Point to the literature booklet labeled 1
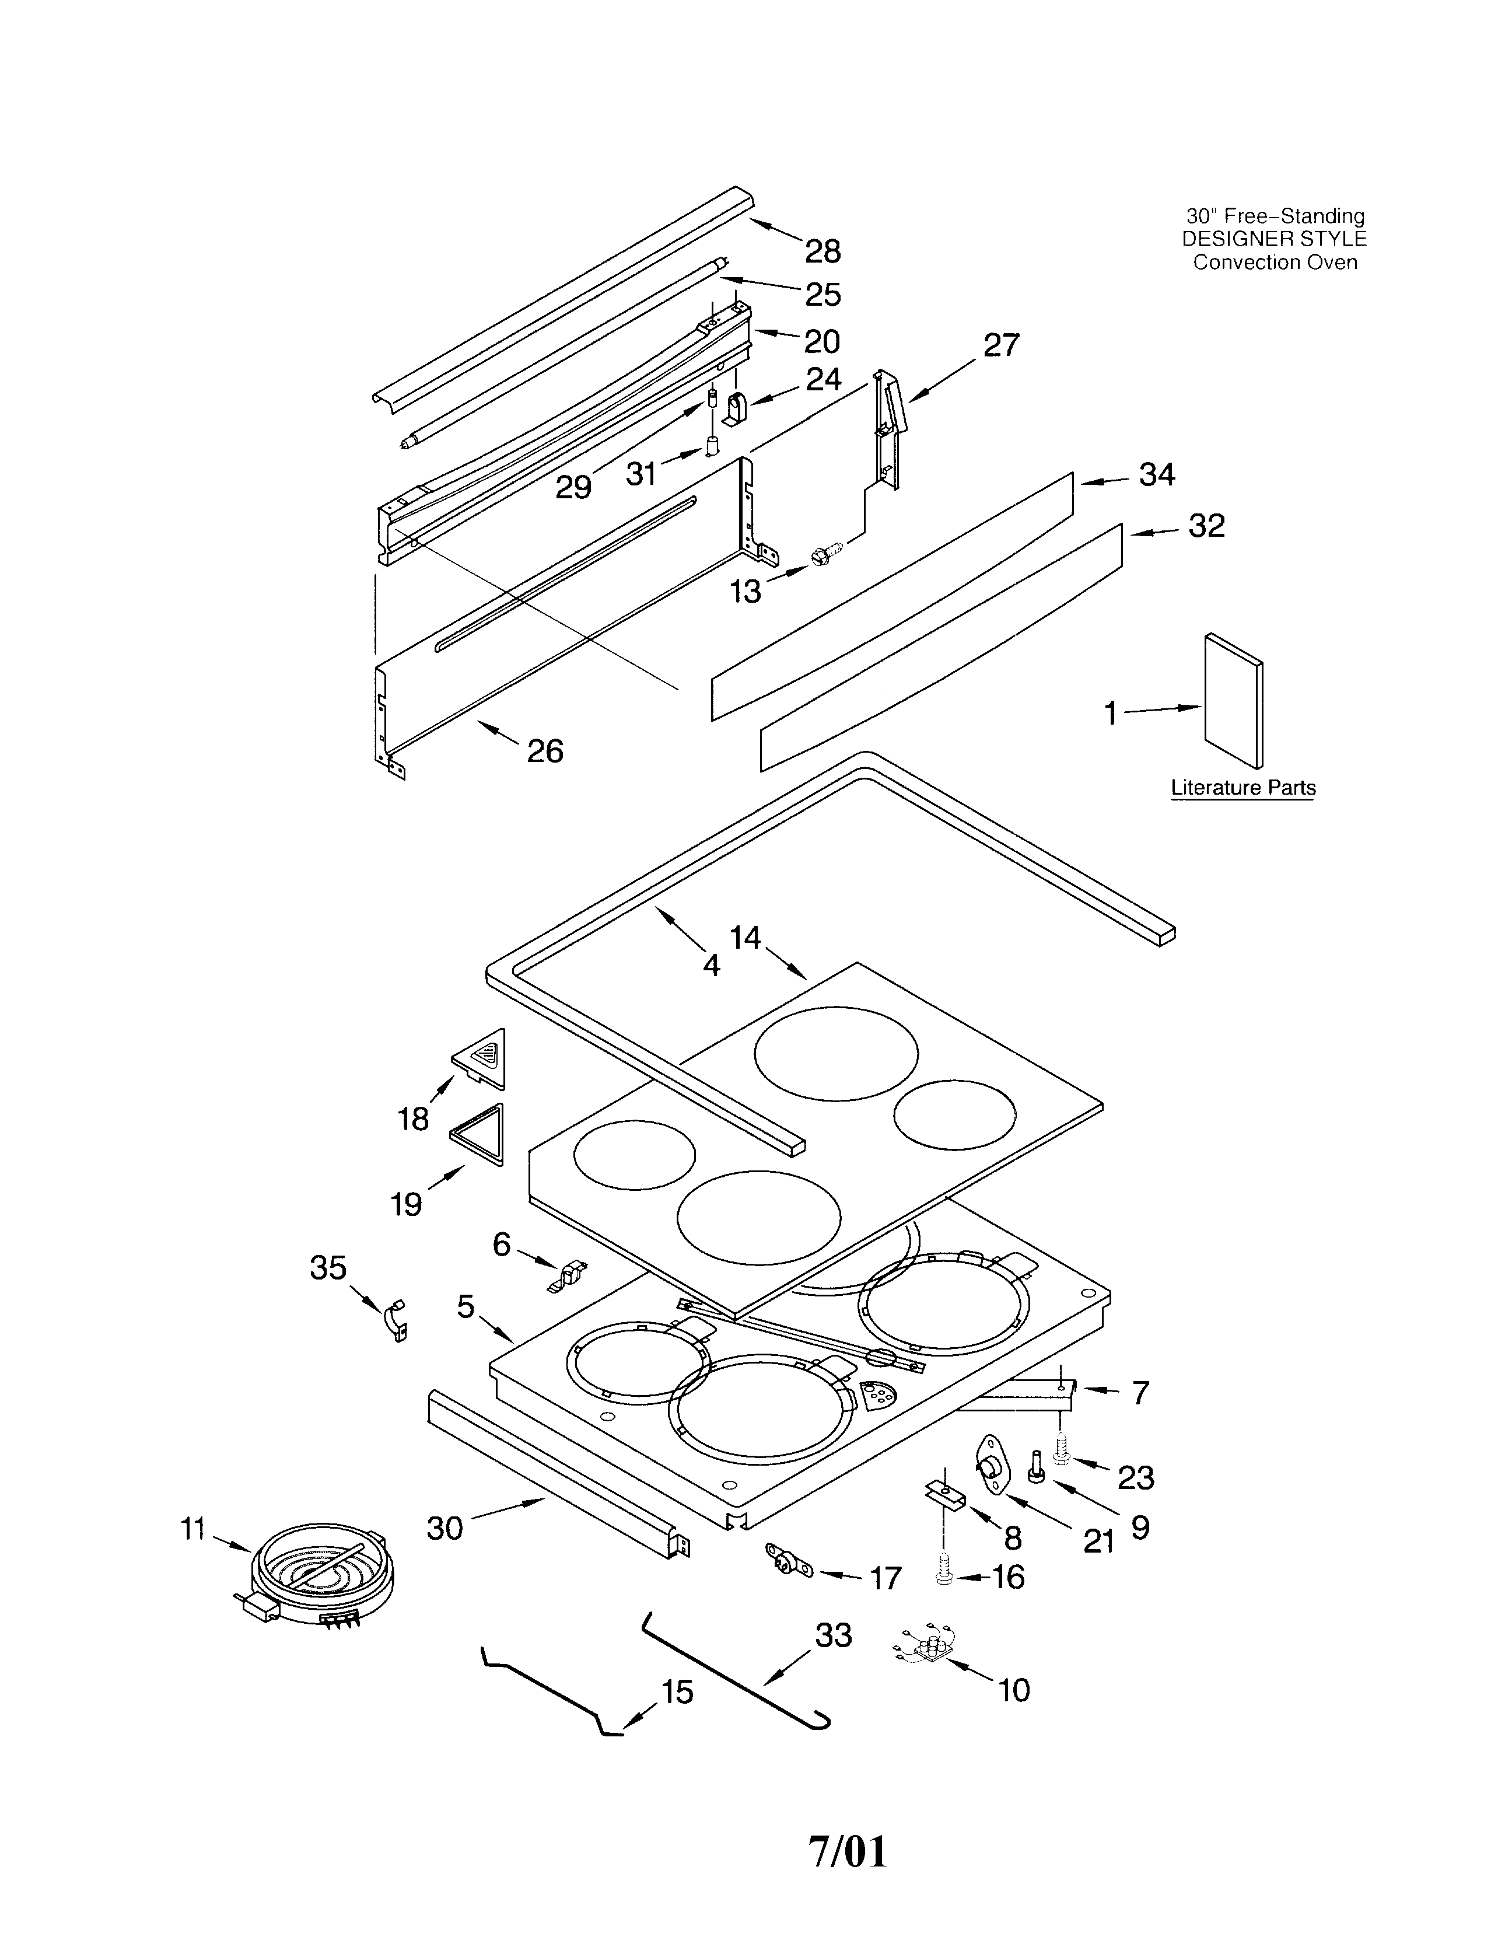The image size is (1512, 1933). (1234, 700)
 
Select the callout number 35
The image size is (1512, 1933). (327, 1268)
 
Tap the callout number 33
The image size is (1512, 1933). (833, 1635)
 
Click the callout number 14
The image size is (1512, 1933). (745, 937)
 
